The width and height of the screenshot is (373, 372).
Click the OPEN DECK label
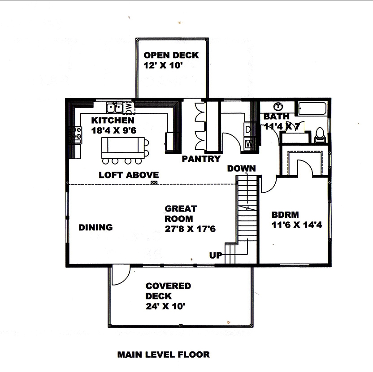(x=171, y=56)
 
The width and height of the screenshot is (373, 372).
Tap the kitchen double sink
(x=115, y=107)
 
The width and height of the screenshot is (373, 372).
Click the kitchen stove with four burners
(x=75, y=134)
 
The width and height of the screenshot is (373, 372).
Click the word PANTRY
(x=201, y=159)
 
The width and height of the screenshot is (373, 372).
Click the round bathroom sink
(x=279, y=106)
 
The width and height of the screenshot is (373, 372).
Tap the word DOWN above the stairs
(x=241, y=169)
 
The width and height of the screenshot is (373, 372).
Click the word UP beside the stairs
(x=215, y=255)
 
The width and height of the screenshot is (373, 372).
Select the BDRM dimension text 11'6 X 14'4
(x=296, y=225)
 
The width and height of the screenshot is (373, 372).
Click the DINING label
(x=95, y=227)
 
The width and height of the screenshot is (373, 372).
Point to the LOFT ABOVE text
(x=129, y=175)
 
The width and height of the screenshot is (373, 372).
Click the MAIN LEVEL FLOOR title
(x=163, y=355)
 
